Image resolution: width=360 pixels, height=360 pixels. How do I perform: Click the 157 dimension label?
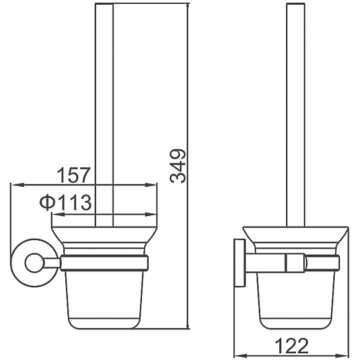[x=74, y=175]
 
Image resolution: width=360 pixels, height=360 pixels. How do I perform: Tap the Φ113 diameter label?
[x=65, y=203]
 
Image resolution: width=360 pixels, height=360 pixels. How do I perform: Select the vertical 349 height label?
[x=178, y=166]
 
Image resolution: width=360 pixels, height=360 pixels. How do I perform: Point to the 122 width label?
[x=291, y=346]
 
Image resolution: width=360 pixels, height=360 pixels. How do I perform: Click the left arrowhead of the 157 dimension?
[x=17, y=185]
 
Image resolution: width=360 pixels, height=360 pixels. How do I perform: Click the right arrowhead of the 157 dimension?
[x=151, y=185]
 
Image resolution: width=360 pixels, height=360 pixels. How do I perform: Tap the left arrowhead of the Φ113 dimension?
[x=58, y=215]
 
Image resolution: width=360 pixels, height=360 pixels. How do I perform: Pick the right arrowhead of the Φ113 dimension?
[x=151, y=215]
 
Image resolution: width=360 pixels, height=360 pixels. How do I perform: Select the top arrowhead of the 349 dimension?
[x=188, y=9]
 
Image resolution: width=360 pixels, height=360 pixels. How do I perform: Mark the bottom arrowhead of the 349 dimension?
[x=188, y=323]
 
